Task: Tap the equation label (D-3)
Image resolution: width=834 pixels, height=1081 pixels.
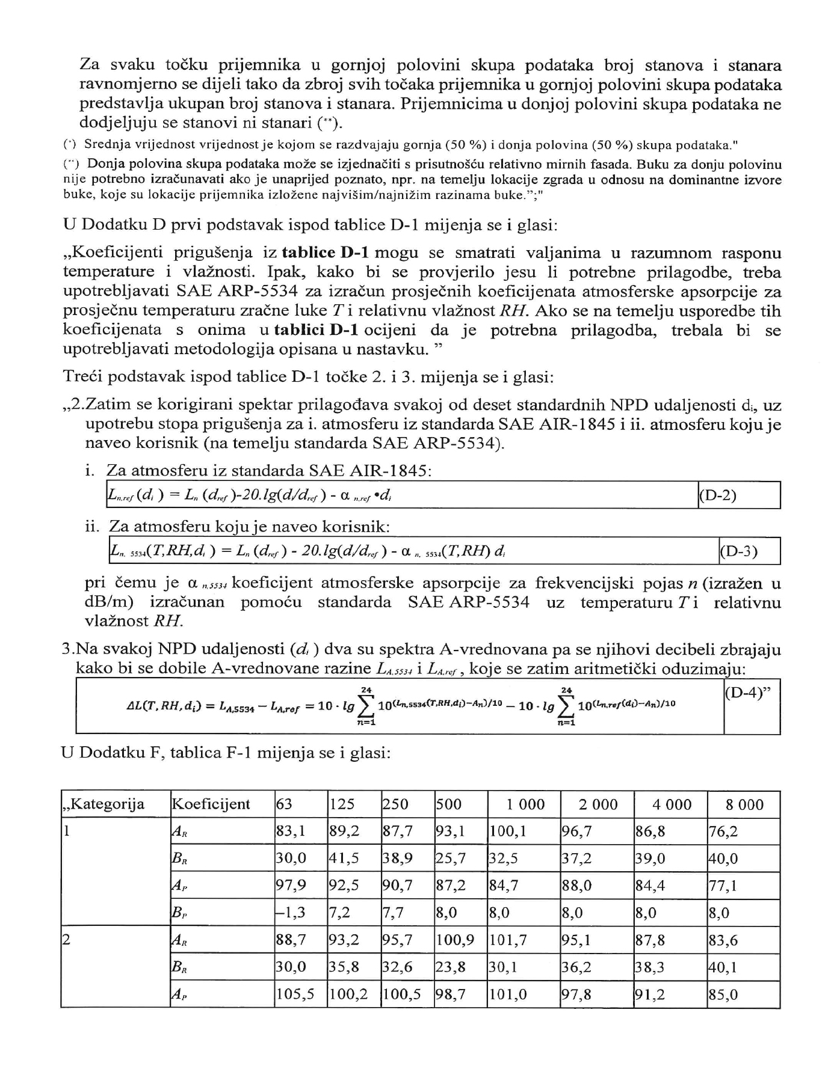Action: coord(738,551)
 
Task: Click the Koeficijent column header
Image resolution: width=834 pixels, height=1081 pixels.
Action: coord(211,804)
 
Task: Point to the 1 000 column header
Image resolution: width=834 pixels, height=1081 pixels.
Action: coord(524,804)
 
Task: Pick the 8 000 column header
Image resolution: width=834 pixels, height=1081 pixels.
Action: coord(744,804)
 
